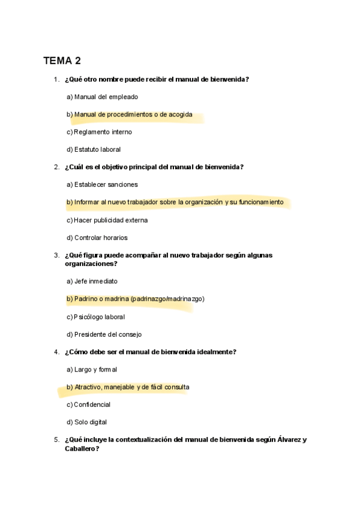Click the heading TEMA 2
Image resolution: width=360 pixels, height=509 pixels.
pyautogui.click(x=62, y=61)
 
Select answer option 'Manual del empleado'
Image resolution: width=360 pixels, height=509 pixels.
pyautogui.click(x=106, y=97)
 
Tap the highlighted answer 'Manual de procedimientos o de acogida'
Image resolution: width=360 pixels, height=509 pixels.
pyautogui.click(x=133, y=115)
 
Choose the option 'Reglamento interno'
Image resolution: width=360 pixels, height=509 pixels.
pyautogui.click(x=103, y=132)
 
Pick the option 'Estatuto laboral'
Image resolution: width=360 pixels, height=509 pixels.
pyautogui.click(x=97, y=149)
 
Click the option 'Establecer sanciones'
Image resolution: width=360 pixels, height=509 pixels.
pyautogui.click(x=106, y=184)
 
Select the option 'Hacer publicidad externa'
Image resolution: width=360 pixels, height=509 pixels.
pyautogui.click(x=110, y=220)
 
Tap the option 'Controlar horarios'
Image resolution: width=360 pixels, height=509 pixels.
pyautogui.click(x=101, y=238)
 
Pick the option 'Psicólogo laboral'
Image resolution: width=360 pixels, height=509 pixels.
pyautogui.click(x=99, y=317)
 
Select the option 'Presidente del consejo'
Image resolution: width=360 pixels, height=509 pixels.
pyautogui.click(x=107, y=334)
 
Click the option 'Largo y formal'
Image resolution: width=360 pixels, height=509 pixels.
pyautogui.click(x=95, y=370)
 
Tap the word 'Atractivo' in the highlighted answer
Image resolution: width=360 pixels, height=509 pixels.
pyautogui.click(x=88, y=387)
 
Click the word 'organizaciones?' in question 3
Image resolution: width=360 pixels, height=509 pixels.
pyautogui.click(x=91, y=264)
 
